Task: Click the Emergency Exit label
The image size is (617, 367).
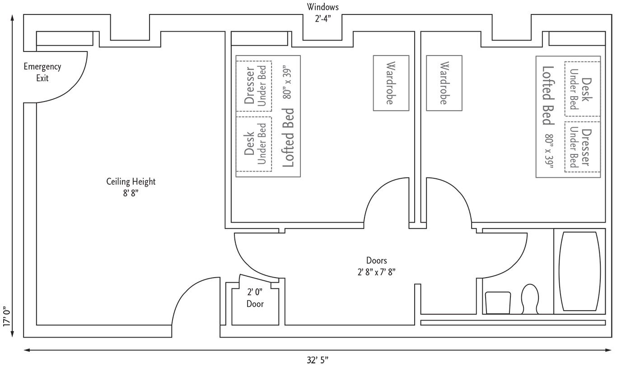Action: pos(42,72)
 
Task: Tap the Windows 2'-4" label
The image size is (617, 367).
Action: pos(323,13)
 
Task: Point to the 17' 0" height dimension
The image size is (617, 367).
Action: pos(6,316)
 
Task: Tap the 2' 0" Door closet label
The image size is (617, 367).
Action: pos(255,297)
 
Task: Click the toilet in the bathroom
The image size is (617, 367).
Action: pos(530,298)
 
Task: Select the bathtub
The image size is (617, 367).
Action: pos(580,271)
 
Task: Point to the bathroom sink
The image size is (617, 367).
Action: pos(498,302)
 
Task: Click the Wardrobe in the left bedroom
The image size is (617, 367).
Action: pos(390,83)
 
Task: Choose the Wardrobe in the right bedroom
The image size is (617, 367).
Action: pos(444,83)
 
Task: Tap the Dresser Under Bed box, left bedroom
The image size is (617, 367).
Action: pos(254,86)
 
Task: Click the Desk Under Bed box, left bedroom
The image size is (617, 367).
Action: pos(254,144)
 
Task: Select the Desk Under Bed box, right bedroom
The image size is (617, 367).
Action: pos(582,89)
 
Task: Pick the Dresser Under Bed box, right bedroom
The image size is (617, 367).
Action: pos(582,147)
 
